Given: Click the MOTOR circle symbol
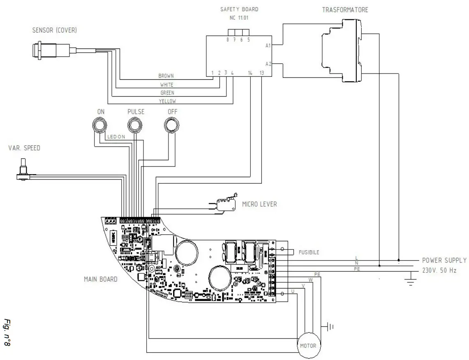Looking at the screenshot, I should coord(308,346).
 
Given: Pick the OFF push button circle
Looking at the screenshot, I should coord(171,124).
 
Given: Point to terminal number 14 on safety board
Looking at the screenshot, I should coord(250,73).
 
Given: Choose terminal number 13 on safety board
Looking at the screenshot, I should coord(262,73).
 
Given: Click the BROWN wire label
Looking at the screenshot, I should coord(166,76).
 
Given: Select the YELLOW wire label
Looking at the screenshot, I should coord(167,101).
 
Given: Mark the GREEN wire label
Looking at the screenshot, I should coord(167,93).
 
